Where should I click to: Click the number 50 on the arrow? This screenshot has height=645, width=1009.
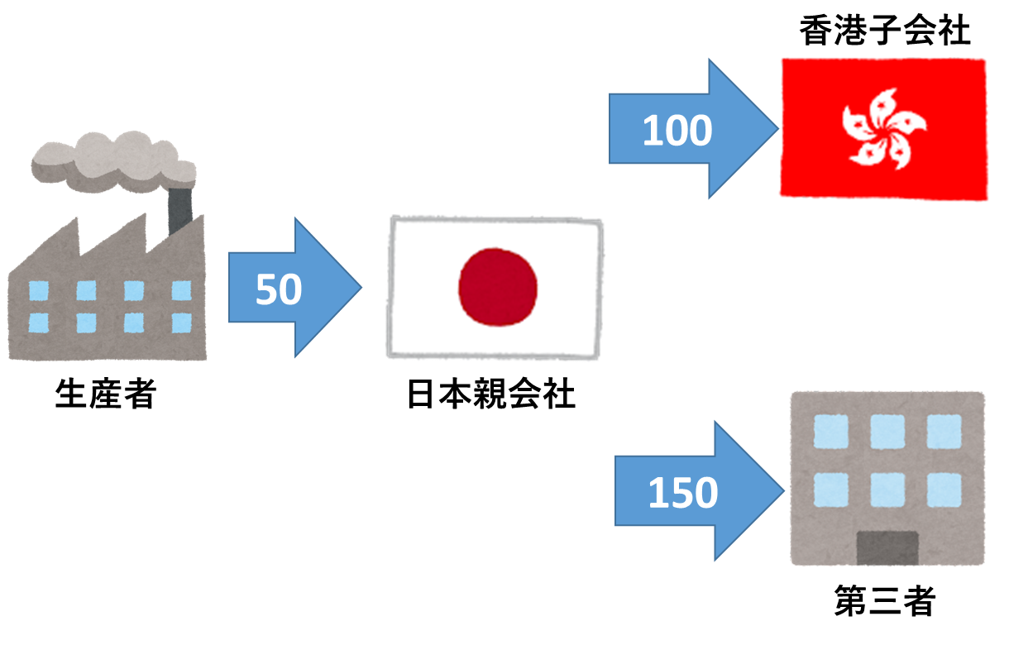[279, 290]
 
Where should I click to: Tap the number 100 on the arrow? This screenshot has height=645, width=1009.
[677, 131]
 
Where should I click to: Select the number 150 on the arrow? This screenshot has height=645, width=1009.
[682, 493]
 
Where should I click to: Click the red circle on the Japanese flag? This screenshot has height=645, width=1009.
[498, 286]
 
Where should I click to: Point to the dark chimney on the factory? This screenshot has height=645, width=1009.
[179, 212]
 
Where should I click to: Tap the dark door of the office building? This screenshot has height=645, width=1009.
[887, 547]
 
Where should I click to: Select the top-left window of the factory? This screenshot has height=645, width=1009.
[38, 290]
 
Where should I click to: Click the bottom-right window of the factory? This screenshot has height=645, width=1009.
[181, 322]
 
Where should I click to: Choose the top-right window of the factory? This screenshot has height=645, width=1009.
[181, 290]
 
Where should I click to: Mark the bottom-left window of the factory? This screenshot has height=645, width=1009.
[38, 322]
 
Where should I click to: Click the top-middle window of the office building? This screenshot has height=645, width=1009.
[887, 431]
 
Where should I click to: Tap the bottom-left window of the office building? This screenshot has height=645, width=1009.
[831, 489]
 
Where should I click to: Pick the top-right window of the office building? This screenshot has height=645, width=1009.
[944, 431]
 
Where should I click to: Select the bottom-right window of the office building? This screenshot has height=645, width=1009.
[944, 489]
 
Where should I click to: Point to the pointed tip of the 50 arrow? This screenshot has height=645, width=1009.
[361, 288]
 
